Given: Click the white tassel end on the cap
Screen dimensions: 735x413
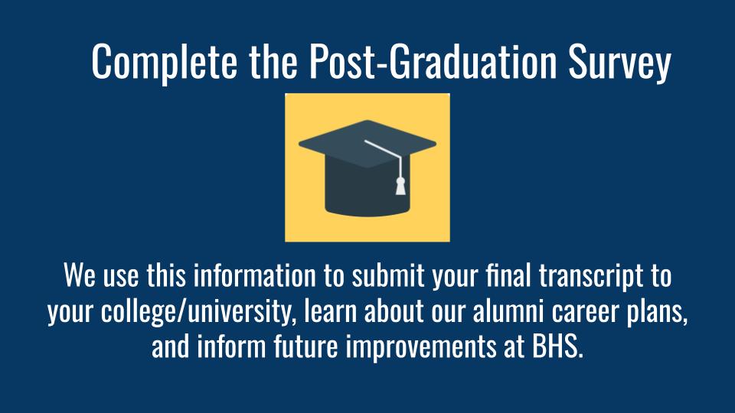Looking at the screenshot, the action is coord(400,186).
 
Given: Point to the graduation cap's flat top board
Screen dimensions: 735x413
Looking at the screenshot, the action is coord(367,144).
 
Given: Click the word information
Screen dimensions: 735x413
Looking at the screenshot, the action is coord(255,275).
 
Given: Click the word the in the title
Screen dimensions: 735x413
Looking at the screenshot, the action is coord(273,61).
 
